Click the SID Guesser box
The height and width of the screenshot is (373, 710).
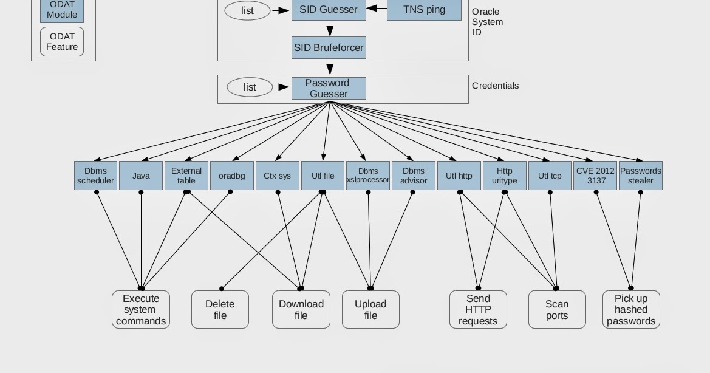[x=329, y=10]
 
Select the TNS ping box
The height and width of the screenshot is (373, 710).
[x=424, y=10]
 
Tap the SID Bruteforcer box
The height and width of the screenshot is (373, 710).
[x=329, y=47]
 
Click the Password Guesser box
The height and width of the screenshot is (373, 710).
[x=329, y=88]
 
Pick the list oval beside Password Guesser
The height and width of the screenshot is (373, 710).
[x=250, y=87]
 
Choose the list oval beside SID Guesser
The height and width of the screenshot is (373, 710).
[x=247, y=10]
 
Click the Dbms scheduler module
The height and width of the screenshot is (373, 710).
[x=95, y=176]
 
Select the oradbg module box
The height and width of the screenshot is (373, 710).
[x=231, y=176]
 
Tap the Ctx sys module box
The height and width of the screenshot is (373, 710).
[x=277, y=176]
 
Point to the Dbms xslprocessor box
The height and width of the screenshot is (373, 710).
[x=368, y=176]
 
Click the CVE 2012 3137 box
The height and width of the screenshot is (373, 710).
[x=595, y=176]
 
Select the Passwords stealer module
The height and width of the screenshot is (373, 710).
[x=640, y=176]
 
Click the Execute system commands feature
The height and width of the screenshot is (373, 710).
[x=141, y=310]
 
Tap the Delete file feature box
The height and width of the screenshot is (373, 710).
[x=220, y=310]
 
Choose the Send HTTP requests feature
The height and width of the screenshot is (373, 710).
[x=478, y=310]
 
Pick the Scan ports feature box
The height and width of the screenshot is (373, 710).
[x=557, y=310]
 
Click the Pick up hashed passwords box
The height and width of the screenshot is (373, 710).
[x=631, y=310]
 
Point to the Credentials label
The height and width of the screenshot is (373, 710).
[x=495, y=86]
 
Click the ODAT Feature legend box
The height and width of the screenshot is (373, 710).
[x=62, y=41]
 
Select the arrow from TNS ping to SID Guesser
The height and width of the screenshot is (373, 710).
[x=377, y=9]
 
